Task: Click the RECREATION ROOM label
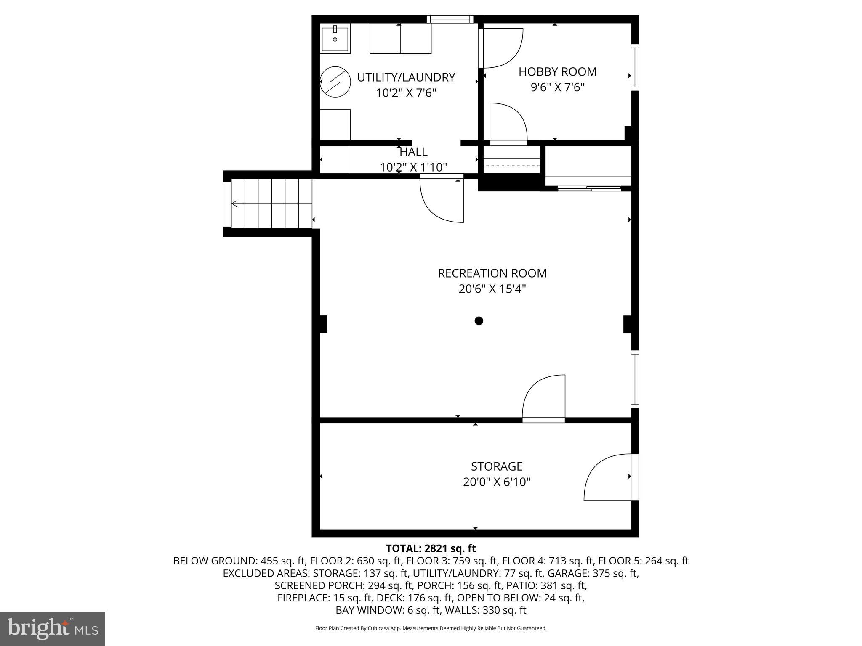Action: [492, 273]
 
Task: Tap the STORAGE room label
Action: [497, 466]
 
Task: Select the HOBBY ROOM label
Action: [557, 72]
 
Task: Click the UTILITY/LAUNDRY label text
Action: [406, 77]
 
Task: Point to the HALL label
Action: [413, 152]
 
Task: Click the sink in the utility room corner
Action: [335, 39]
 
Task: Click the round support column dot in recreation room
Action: [479, 321]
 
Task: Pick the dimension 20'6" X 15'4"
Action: [492, 289]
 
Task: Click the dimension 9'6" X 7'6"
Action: [557, 88]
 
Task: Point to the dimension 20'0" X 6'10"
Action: [497, 482]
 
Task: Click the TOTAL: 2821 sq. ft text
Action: [431, 548]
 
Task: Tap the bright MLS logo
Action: [53, 629]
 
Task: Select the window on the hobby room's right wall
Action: [635, 67]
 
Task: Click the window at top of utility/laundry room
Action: [450, 19]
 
